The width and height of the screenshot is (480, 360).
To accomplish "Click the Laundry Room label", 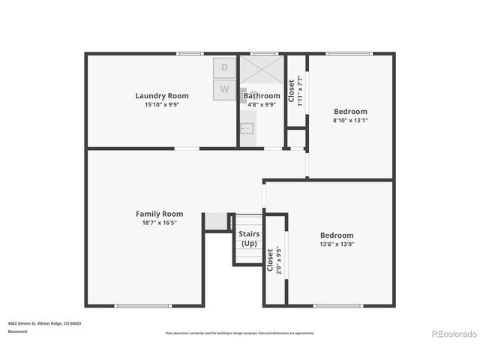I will [x=161, y=96].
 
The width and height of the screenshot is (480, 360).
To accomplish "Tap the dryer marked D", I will [x=225, y=68].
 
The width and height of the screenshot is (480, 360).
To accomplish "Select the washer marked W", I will [x=225, y=90].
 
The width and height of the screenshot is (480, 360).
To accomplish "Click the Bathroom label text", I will [x=261, y=96].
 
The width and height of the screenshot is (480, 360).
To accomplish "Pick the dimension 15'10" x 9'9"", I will [x=161, y=105].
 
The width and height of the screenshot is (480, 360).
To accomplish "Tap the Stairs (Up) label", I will [x=248, y=238].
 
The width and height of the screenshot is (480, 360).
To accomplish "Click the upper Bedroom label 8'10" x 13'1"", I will [x=351, y=111].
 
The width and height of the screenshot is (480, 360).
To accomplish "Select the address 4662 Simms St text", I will [x=44, y=323].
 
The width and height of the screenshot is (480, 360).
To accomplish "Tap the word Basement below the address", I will [x=17, y=331].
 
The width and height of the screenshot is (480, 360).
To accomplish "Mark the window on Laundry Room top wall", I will [x=190, y=53].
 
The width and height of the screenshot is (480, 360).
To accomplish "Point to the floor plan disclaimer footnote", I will [x=240, y=333].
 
